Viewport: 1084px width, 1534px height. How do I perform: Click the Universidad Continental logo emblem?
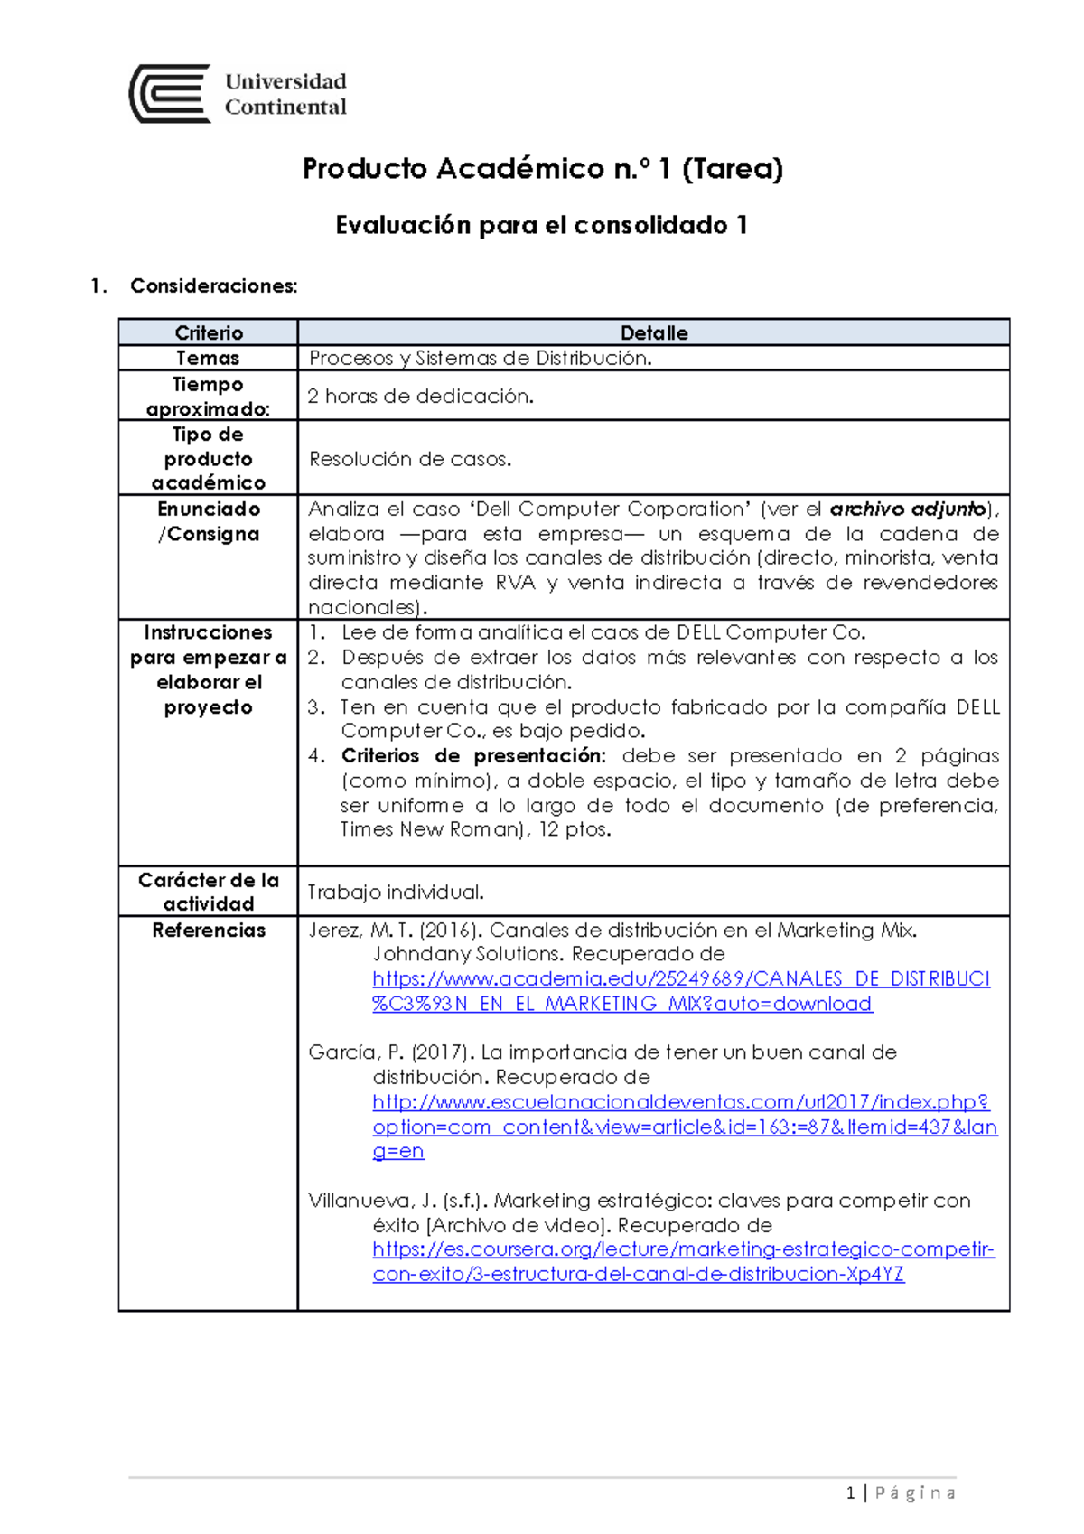(x=170, y=94)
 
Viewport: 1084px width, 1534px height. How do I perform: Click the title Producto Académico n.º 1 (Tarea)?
(x=542, y=169)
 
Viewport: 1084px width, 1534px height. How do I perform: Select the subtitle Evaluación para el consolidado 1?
(x=541, y=225)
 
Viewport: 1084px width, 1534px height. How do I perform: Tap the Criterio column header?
(x=209, y=332)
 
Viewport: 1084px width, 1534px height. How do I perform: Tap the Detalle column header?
(x=654, y=332)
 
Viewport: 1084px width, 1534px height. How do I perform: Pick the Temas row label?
(x=208, y=358)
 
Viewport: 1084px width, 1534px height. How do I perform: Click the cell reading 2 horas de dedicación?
(x=420, y=396)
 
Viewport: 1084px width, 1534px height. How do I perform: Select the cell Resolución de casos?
(x=410, y=459)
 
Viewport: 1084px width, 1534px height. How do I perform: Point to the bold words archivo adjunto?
(x=907, y=509)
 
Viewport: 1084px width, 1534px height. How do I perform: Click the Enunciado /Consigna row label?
(x=209, y=521)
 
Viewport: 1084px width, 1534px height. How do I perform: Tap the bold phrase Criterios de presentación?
(x=472, y=755)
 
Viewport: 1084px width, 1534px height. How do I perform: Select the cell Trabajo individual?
(x=396, y=892)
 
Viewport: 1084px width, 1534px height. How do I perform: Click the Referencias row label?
(x=209, y=930)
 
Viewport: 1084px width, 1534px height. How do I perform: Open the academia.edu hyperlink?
(x=680, y=979)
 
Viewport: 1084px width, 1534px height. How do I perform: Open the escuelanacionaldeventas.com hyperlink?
(x=680, y=1102)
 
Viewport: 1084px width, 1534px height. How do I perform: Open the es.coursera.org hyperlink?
(x=683, y=1249)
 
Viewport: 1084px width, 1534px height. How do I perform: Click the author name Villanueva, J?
(x=372, y=1201)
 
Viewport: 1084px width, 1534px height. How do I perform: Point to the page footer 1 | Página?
(x=901, y=1493)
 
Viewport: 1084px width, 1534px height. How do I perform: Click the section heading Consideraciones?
(x=213, y=286)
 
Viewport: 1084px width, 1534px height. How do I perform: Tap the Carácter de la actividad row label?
(x=209, y=892)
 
